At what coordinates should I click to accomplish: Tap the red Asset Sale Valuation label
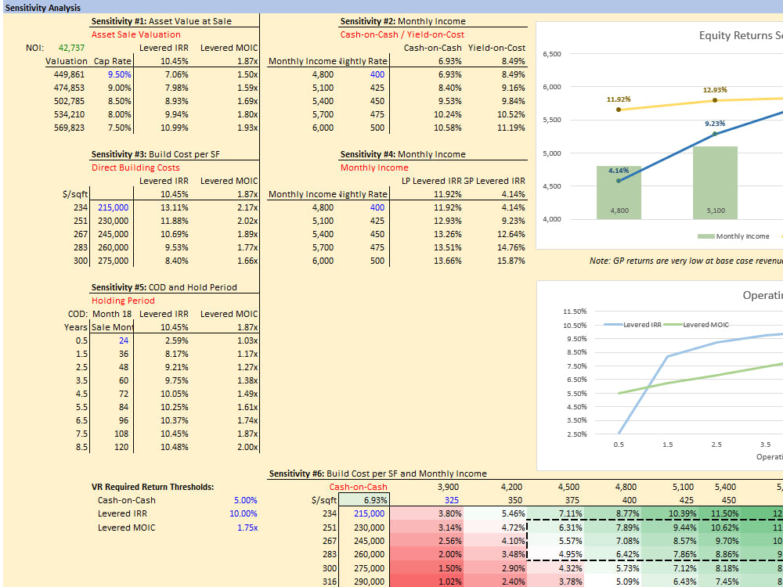pos(135,34)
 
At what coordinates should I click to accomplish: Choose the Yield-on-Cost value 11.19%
pos(511,128)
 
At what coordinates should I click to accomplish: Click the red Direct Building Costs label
pos(135,167)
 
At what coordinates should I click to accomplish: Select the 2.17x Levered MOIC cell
pos(247,207)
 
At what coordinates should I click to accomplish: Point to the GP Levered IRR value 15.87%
pos(511,261)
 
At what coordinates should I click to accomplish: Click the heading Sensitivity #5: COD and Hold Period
pos(164,287)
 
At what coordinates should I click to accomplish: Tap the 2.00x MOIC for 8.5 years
pos(247,447)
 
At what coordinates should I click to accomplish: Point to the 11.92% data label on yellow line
pos(619,99)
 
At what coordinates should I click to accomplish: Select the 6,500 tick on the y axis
pos(551,54)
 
